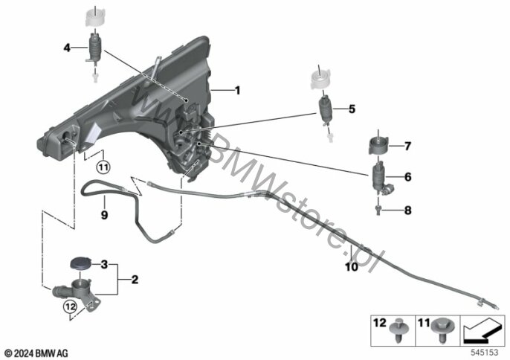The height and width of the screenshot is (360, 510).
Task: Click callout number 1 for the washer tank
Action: coord(238,90)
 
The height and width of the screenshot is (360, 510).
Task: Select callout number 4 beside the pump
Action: coord(67,48)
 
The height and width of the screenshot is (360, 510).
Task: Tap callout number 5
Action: coord(352,109)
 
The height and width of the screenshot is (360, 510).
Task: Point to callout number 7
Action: coord(407,146)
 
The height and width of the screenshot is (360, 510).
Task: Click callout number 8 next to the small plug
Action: coord(407,210)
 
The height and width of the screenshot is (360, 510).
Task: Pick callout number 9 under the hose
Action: coord(104,215)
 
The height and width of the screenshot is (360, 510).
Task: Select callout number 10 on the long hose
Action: coord(351,267)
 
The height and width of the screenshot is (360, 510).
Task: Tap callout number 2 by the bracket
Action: coord(135,280)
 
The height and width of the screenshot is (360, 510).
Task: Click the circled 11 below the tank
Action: coord(103,167)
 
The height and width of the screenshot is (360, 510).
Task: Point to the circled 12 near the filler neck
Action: coord(71,306)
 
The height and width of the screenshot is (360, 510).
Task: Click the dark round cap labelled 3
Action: coord(80,263)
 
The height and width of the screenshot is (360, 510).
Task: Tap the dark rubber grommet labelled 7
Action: coord(378,146)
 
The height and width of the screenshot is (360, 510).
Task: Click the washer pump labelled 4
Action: coord(94,49)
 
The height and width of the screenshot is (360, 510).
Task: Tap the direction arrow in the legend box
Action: coord(482,331)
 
